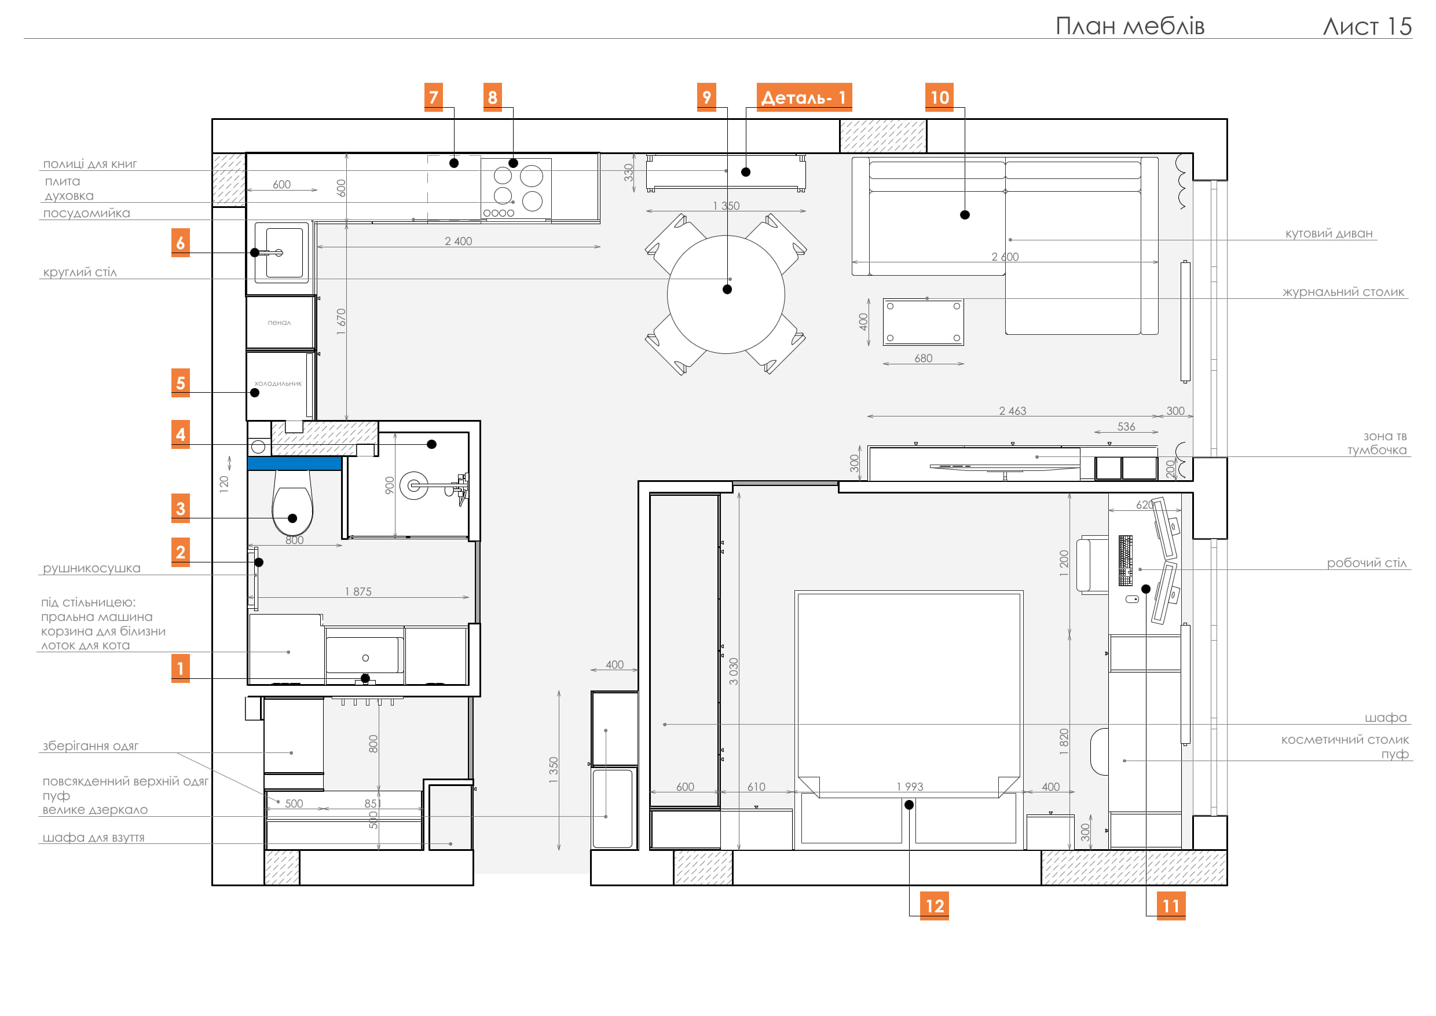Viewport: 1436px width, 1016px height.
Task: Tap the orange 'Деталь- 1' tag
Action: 804,97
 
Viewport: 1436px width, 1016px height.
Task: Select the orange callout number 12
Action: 935,906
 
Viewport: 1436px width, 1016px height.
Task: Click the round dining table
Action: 726,294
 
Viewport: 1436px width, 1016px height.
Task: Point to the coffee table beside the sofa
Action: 923,322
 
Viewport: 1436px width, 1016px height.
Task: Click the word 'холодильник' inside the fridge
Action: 278,383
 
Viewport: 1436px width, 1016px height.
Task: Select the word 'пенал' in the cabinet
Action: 279,323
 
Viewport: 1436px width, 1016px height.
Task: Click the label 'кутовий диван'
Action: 1329,233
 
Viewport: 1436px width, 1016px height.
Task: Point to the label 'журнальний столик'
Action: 1343,292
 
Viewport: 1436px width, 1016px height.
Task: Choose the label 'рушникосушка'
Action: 91,568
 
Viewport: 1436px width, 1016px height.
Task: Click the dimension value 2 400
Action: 459,241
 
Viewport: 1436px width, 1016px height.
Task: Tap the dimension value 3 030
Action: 734,671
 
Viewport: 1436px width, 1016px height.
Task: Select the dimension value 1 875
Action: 358,591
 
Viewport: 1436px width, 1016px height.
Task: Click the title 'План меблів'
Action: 1130,25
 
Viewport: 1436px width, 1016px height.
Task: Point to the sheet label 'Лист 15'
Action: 1367,25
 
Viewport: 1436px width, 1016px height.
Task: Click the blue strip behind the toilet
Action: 294,463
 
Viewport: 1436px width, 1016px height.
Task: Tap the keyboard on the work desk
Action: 1125,560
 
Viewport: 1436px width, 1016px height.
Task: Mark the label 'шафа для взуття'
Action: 93,838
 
